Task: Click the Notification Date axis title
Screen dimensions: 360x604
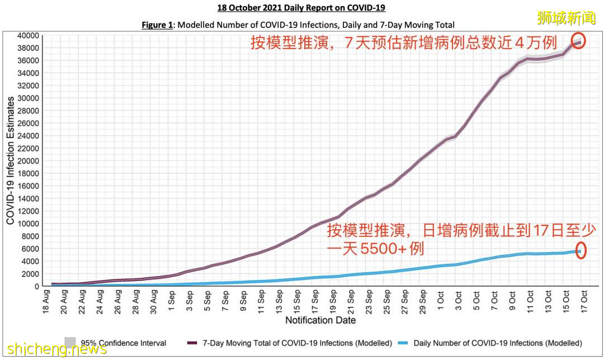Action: coord(320,320)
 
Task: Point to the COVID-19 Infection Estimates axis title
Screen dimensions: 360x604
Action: coord(11,160)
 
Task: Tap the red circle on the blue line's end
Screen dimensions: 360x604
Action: coord(581,251)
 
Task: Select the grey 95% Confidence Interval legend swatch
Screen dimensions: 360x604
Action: coord(70,342)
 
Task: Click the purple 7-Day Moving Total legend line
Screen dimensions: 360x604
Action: coord(193,343)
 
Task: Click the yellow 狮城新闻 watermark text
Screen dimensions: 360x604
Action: coord(567,18)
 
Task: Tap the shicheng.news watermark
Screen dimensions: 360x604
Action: coord(54,349)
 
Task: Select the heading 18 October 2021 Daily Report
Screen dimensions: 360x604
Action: coord(301,8)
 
